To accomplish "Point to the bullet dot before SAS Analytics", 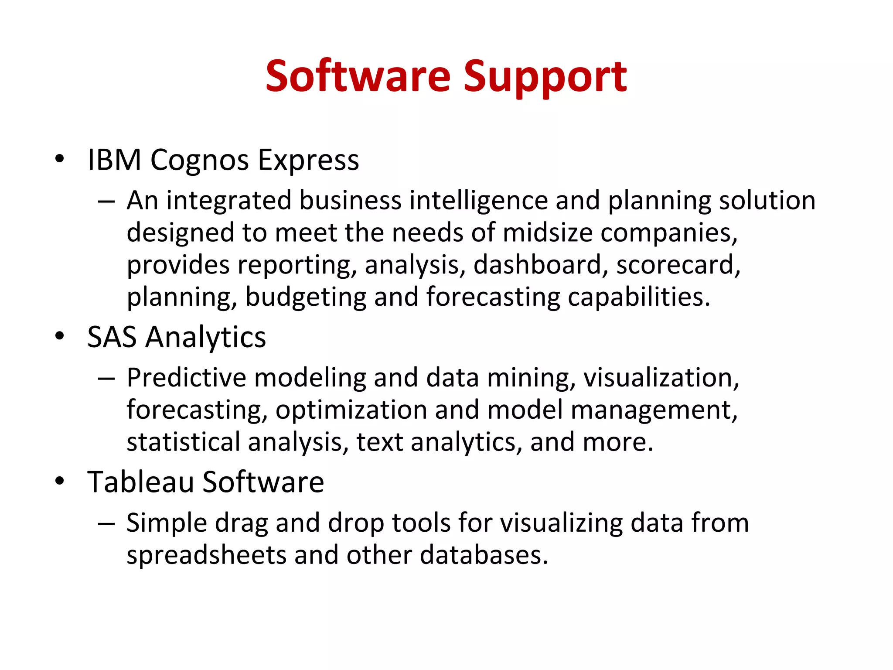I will coord(60,336).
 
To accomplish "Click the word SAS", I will coord(112,337).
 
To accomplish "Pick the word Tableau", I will coord(140,482).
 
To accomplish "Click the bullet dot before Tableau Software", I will coord(60,481).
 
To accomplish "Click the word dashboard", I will coord(537,265).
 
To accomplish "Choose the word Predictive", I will coord(186,378).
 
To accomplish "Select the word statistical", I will coord(183,442).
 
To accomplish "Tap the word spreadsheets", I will coord(206,555).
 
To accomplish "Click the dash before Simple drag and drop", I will coord(106,523).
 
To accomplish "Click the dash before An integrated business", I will coord(106,202).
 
